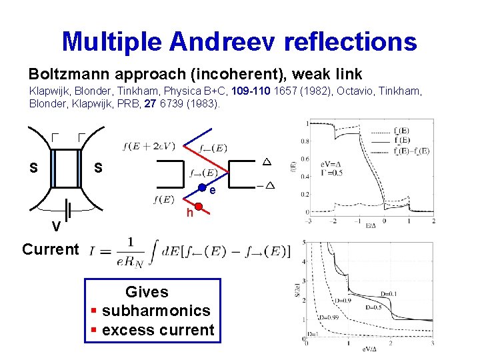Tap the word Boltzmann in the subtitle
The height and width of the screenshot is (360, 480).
coord(64,73)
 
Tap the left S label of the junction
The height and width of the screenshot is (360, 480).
coord(33,167)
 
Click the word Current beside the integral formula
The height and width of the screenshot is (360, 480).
coord(50,249)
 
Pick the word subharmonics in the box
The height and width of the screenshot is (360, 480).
coord(156,311)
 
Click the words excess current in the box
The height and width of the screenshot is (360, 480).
coord(158,330)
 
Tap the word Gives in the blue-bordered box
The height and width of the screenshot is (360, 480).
coord(147,292)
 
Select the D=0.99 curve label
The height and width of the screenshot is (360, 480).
coord(329,317)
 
